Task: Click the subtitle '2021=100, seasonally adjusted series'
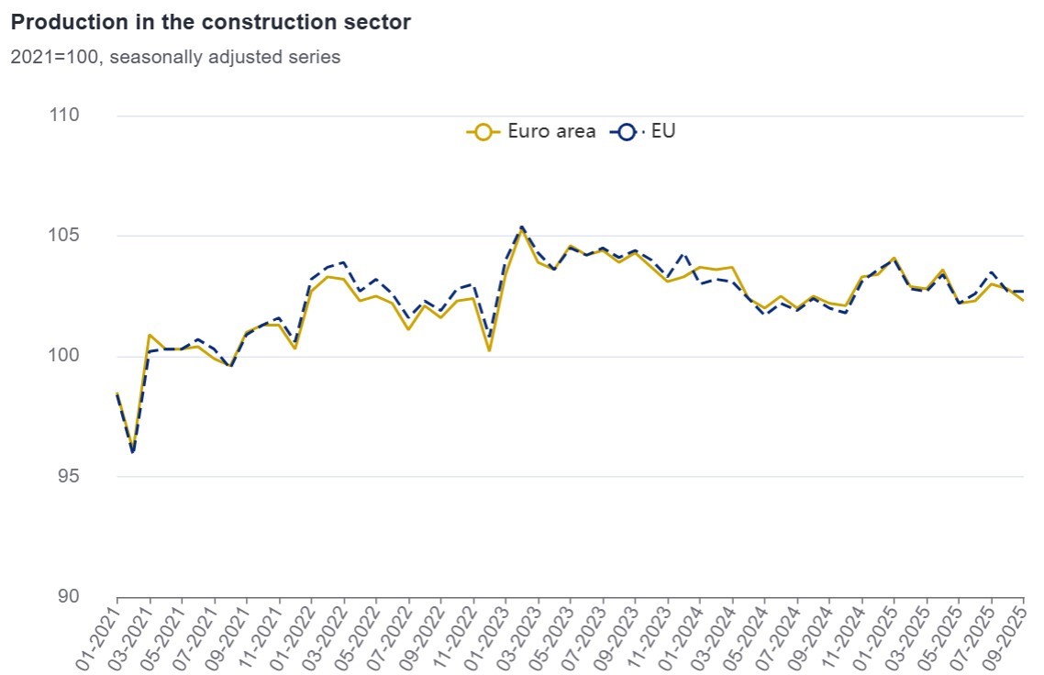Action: (x=175, y=57)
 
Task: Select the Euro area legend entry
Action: (x=532, y=131)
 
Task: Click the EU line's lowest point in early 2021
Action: (x=133, y=452)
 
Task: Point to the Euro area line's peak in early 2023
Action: (x=522, y=230)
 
